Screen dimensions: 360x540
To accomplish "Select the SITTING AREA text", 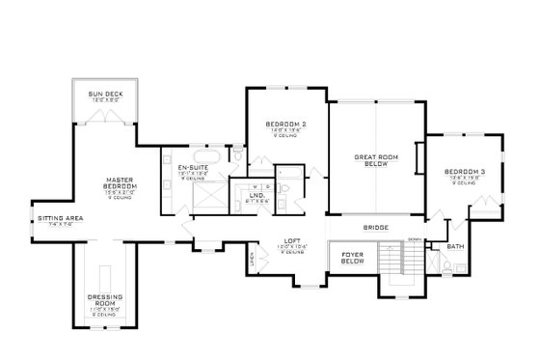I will pyautogui.click(x=60, y=219).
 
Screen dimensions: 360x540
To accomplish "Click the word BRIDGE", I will pyautogui.click(x=376, y=229).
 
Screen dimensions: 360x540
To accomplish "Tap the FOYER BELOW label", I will pyautogui.click(x=346, y=259).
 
